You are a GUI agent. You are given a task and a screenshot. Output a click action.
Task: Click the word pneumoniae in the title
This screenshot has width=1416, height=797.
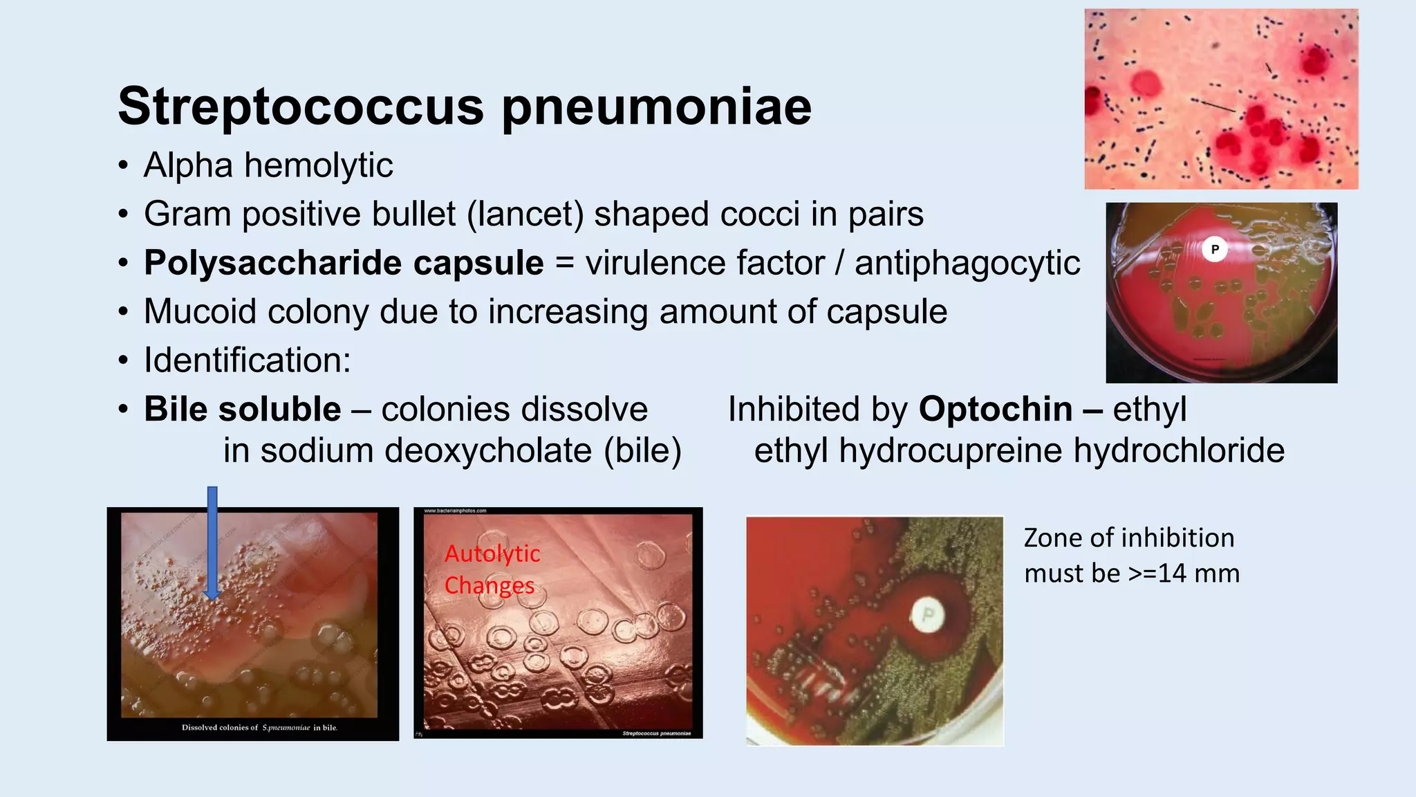pos(656,108)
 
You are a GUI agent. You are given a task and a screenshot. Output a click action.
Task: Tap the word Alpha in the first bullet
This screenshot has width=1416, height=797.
pos(188,165)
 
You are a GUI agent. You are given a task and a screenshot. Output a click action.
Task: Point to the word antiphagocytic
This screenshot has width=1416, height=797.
pos(967,264)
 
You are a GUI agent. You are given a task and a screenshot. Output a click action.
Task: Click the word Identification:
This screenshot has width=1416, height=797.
pos(247,360)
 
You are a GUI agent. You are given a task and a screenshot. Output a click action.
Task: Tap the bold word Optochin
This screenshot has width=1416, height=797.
pos(996,409)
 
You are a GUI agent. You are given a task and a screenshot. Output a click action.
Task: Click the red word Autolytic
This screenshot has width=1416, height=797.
pos(492,553)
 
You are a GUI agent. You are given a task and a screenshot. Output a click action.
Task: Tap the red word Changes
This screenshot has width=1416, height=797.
pos(489,585)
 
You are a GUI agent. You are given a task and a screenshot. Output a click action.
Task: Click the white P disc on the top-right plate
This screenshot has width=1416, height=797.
pos(1214,249)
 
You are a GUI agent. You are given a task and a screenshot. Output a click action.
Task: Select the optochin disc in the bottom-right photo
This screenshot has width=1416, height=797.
pos(928,615)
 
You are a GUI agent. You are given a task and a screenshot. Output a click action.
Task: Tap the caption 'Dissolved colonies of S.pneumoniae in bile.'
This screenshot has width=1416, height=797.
pos(259,727)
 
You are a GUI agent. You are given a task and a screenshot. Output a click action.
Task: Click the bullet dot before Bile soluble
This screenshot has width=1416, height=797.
pos(123,410)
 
